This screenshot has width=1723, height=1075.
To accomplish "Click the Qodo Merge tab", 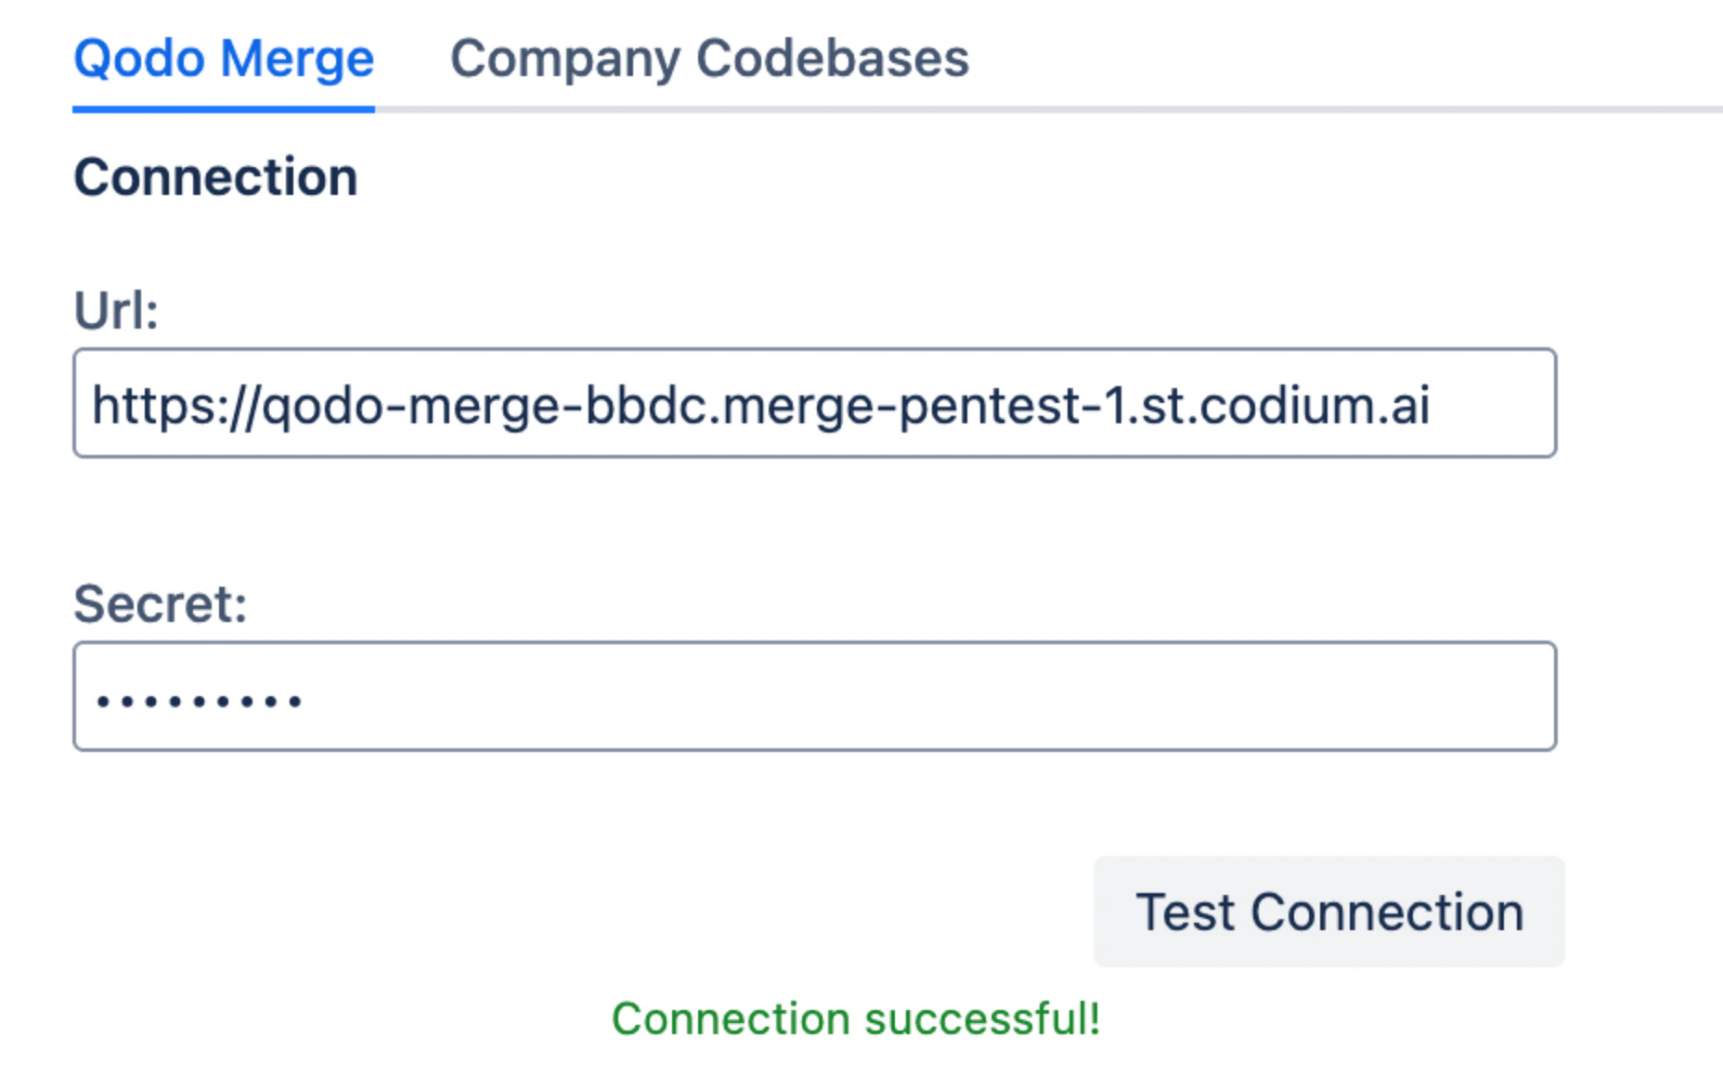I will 224,59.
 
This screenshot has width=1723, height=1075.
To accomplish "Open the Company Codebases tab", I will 709,59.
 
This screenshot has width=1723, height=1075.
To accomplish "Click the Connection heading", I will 215,176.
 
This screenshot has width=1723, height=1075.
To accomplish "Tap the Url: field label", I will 116,310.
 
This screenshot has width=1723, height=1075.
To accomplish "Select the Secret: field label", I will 161,603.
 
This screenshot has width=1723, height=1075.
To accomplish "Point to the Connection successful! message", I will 855,1018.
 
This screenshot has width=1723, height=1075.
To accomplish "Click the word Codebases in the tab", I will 832,59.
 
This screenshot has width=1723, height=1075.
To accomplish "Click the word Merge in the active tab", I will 297,59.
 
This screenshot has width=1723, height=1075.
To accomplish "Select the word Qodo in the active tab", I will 139,59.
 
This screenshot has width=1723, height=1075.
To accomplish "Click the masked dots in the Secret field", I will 199,701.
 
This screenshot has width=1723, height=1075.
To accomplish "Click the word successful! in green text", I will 983,1018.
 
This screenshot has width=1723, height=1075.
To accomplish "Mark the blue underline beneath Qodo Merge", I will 224,110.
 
